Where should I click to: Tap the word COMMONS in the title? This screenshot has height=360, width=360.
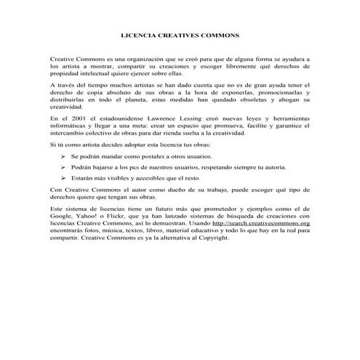point(220,34)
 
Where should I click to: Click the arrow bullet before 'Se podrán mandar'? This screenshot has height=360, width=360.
point(63,156)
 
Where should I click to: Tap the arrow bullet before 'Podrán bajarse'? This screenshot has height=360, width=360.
point(63,167)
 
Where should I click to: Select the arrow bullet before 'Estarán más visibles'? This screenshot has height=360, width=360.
point(63,177)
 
